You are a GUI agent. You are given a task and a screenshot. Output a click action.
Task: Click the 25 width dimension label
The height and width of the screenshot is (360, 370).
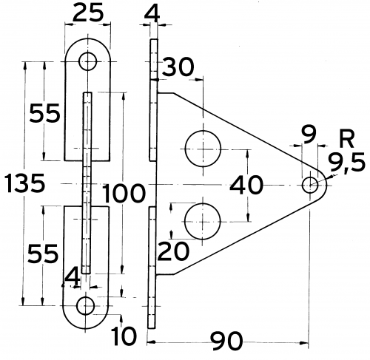pyautogui.click(x=88, y=13)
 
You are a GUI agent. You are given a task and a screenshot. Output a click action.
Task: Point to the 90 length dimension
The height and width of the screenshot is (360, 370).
pyautogui.click(x=228, y=342)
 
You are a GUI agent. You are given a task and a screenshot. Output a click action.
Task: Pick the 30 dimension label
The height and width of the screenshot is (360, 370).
pyautogui.click(x=178, y=67)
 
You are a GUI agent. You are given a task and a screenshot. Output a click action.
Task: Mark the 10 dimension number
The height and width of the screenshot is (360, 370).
pyautogui.click(x=125, y=337)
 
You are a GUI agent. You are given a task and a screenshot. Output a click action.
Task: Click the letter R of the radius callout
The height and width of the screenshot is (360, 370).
pyautogui.click(x=344, y=137)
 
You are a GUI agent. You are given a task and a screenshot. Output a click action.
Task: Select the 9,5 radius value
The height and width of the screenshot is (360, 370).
pyautogui.click(x=346, y=160)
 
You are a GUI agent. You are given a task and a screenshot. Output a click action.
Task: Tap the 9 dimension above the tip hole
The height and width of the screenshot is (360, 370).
pyautogui.click(x=309, y=134)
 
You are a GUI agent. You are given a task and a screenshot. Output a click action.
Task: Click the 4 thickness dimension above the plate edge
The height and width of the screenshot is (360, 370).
pyautogui.click(x=152, y=13)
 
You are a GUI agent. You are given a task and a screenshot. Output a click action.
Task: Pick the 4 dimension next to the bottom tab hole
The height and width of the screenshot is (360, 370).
pyautogui.click(x=71, y=277)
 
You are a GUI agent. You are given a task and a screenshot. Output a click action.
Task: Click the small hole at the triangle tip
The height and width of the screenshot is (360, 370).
pyautogui.click(x=309, y=185)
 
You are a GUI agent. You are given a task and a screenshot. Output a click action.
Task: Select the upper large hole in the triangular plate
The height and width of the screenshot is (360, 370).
pyautogui.click(x=201, y=146)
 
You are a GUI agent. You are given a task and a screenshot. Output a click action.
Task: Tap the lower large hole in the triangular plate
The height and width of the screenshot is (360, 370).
pyautogui.click(x=201, y=220)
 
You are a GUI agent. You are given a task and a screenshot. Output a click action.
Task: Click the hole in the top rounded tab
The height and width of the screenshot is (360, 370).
pyautogui.click(x=89, y=61)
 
